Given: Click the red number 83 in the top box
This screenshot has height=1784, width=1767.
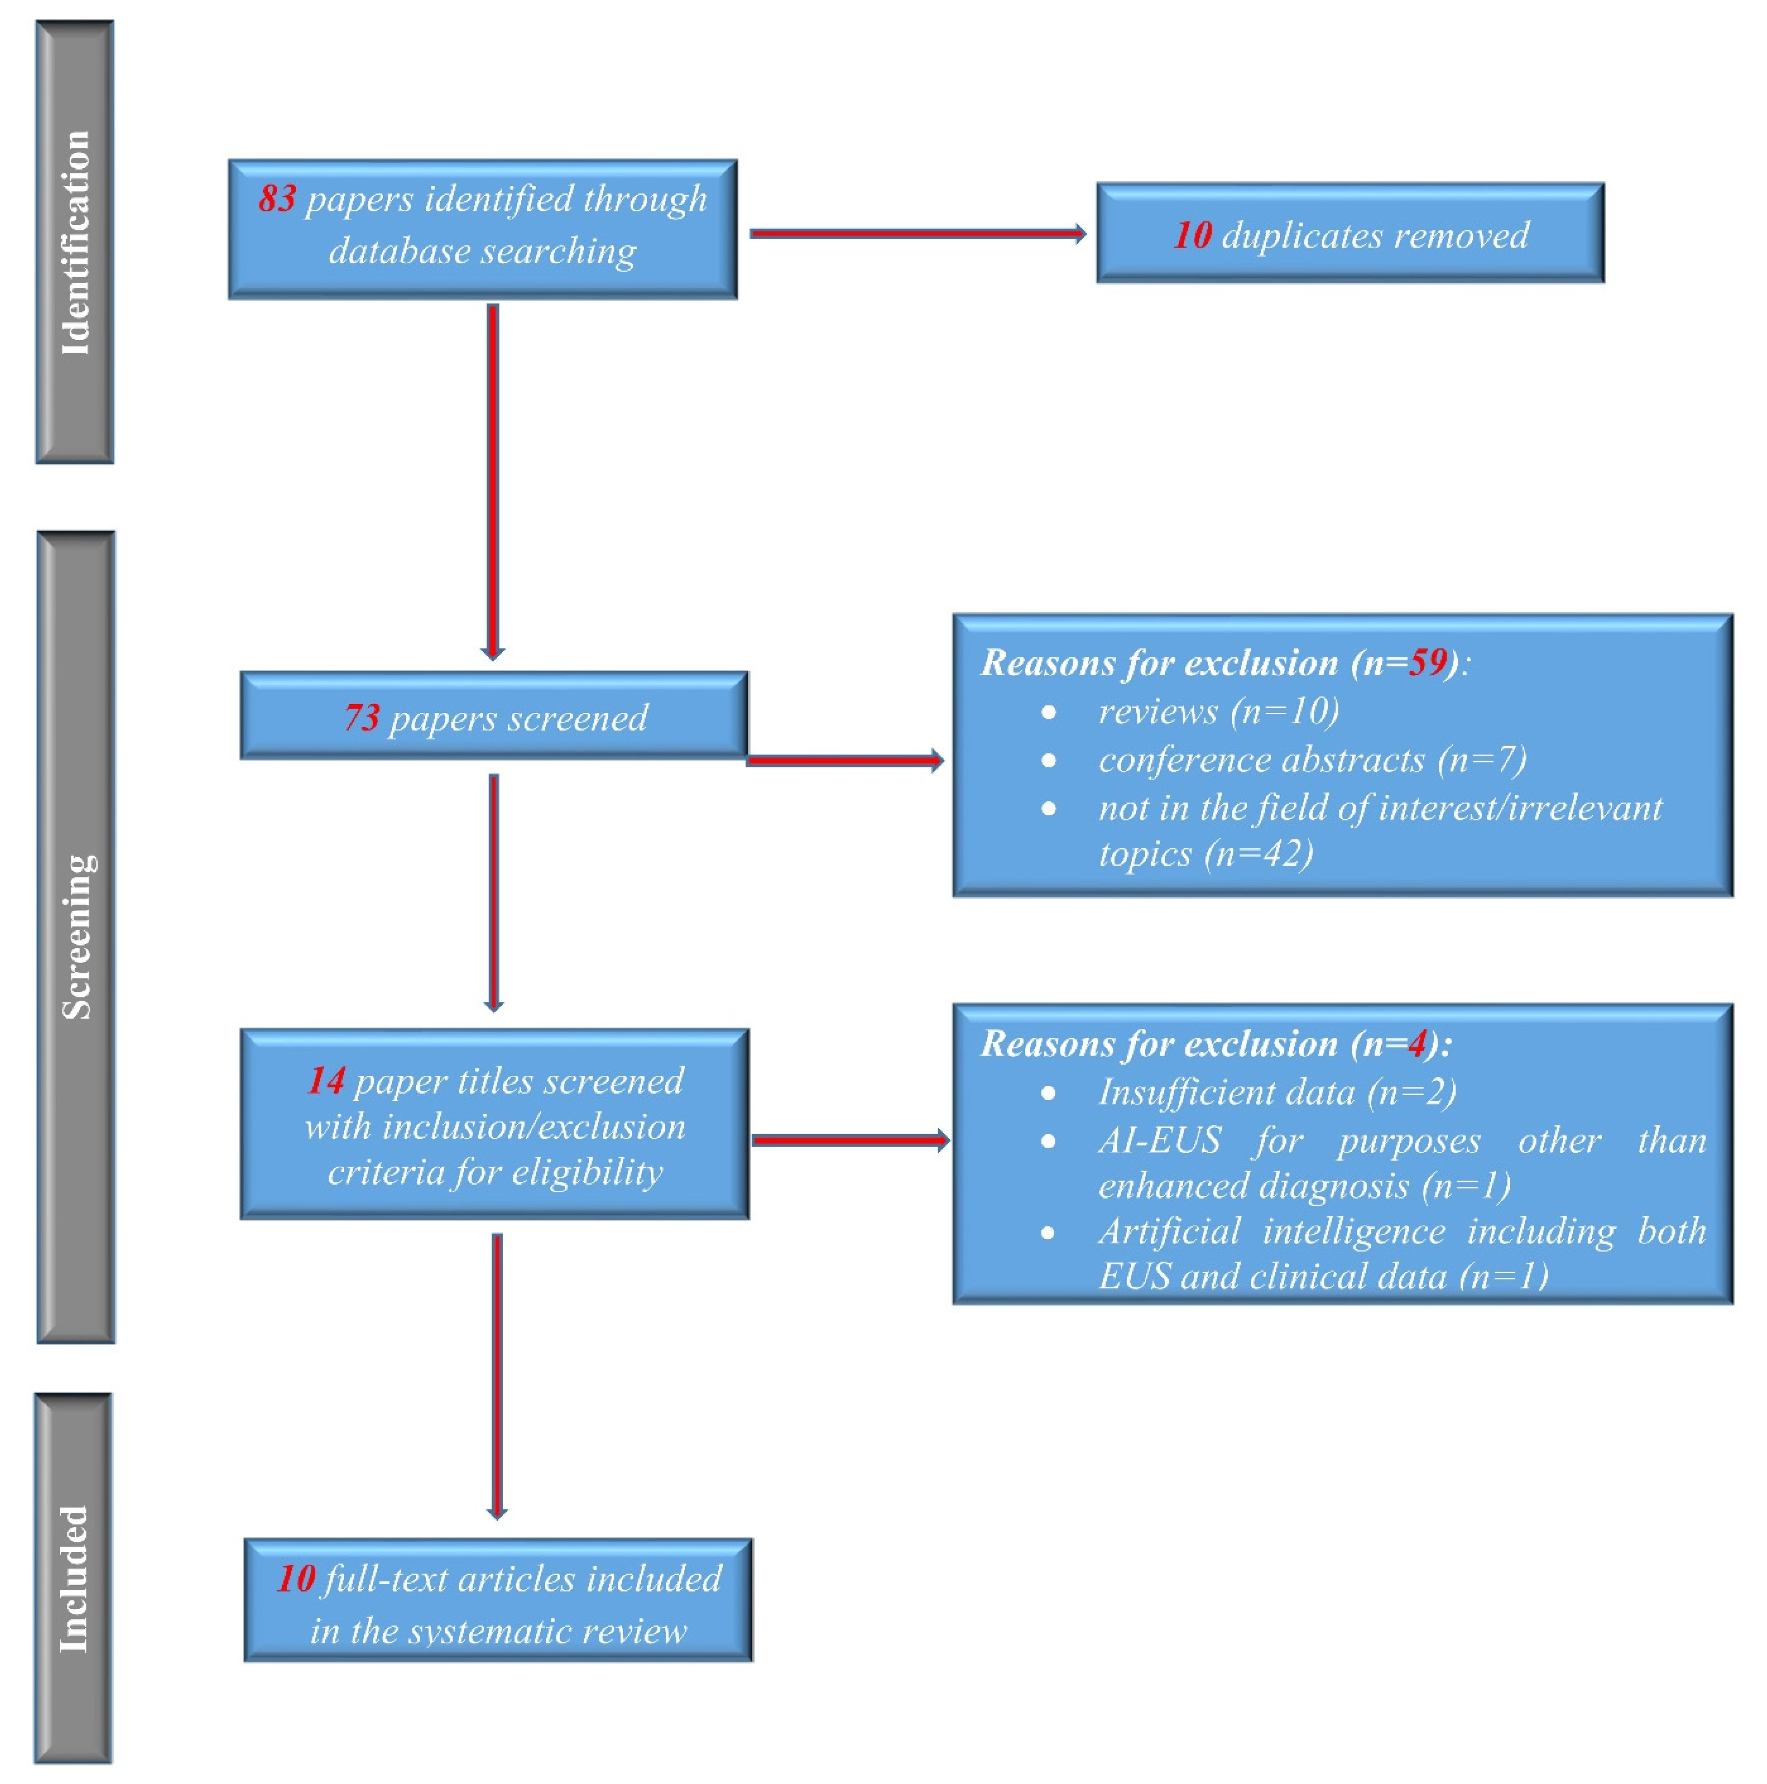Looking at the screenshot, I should [277, 198].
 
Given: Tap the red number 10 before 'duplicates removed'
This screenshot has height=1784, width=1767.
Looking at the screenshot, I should [1192, 235].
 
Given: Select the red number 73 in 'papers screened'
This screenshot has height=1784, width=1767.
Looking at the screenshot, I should [362, 717].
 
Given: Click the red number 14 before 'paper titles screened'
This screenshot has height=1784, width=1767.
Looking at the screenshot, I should [326, 1080].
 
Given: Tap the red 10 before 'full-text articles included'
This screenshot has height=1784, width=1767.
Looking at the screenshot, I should [297, 1579].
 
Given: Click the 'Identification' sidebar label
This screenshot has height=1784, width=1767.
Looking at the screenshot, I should [75, 242].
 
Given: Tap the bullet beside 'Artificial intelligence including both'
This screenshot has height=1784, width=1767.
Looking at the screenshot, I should [1048, 1233].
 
